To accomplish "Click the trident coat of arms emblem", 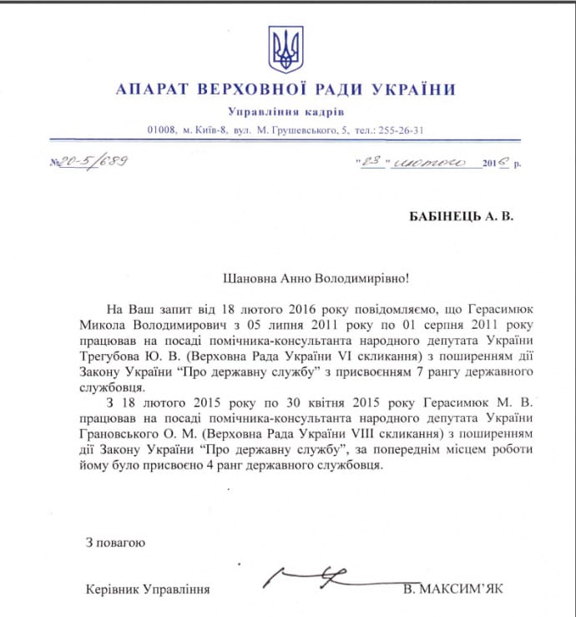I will (285, 49).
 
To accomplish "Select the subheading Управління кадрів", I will (285, 113).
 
